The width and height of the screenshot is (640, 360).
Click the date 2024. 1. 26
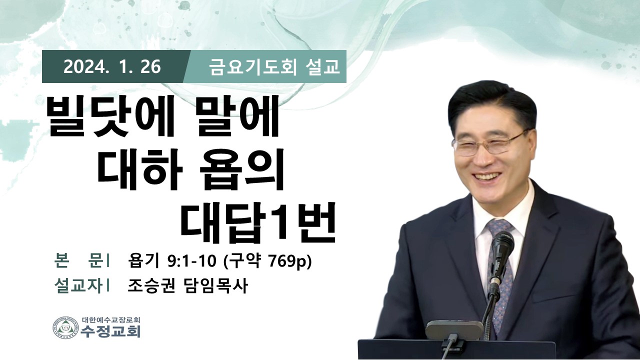[x=112, y=67]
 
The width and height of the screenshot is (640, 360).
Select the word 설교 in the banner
[x=322, y=67]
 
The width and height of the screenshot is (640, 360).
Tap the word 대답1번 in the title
[x=258, y=222]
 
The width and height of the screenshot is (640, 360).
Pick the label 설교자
[x=77, y=286]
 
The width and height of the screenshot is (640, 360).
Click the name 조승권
[x=151, y=286]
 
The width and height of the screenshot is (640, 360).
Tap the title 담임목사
[x=214, y=286]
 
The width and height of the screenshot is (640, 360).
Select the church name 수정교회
[x=110, y=331]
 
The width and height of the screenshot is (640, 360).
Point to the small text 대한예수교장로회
[x=110, y=319]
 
